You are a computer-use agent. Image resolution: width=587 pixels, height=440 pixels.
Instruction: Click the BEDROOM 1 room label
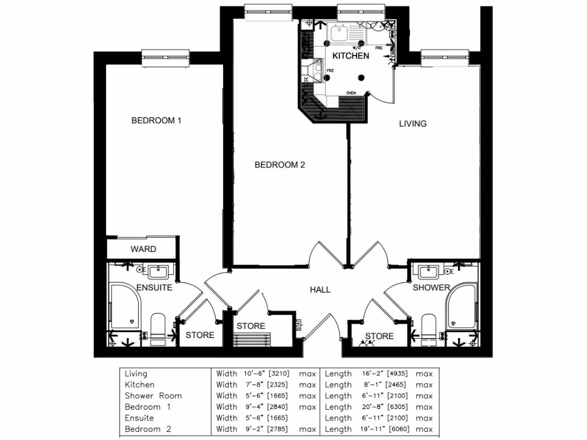[156, 120]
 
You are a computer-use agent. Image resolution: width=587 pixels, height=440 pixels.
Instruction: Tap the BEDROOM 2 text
[280, 165]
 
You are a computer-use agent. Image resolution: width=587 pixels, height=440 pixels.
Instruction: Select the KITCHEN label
[351, 56]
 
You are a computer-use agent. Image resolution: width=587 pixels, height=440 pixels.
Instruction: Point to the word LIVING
[413, 123]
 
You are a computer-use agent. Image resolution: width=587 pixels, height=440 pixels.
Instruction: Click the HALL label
[320, 290]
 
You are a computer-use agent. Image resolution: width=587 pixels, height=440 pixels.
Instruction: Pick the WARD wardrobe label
[143, 249]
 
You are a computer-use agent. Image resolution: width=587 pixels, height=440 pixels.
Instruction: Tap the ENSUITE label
[154, 288]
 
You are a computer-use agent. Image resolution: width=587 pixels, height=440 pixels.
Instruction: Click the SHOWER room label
[431, 288]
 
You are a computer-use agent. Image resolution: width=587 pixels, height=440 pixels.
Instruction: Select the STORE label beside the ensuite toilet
[199, 335]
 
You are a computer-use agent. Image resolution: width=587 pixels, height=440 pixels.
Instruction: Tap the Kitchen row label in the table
[139, 385]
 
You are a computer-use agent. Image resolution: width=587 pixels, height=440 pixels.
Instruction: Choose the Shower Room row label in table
[153, 396]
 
